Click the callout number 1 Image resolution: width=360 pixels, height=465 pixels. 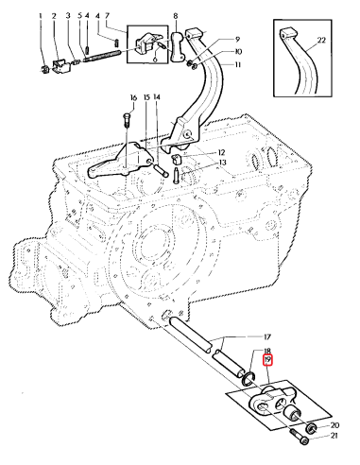[42, 16]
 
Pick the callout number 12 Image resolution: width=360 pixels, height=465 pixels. [221, 152]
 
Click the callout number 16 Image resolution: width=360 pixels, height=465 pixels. [134, 97]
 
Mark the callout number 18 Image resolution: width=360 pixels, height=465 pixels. [267, 351]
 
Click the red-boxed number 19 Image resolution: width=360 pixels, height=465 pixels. [267, 361]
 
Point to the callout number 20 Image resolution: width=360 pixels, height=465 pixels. [334, 425]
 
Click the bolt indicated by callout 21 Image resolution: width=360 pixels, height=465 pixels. [300, 438]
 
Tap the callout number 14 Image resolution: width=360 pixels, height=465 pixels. [157, 97]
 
